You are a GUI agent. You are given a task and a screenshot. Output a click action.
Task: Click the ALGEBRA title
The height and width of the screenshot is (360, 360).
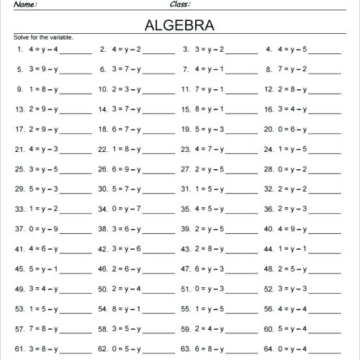click(x=179, y=25)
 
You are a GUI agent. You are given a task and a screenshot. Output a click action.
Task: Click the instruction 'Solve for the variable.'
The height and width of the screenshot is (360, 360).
click(x=43, y=37)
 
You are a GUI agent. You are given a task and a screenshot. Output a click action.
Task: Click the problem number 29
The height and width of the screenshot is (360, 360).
click(x=20, y=189)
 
